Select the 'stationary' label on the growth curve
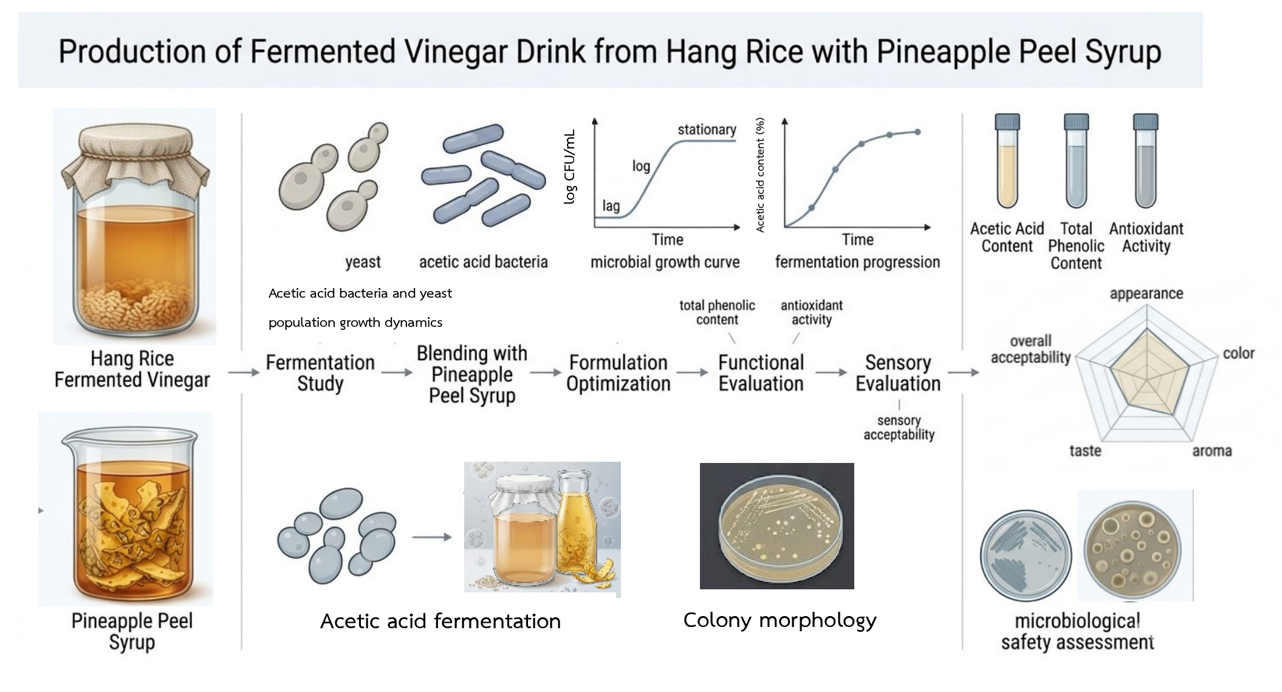pos(707,129)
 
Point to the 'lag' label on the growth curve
pos(611,206)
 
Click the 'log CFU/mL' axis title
pos(569,167)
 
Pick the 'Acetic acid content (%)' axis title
pos(760,175)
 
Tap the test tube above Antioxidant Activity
pos(1145,161)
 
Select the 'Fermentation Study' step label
pos(320,373)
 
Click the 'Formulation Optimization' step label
pos(618,373)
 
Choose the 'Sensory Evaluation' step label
pos(898,373)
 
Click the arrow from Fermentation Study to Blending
pos(397,372)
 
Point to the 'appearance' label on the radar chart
pos(1146,294)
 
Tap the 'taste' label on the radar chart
pos(1085,451)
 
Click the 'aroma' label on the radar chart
pos(1212,451)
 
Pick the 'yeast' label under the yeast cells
pos(363,262)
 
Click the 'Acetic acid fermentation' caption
pos(440,622)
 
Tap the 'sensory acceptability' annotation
pos(899,428)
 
